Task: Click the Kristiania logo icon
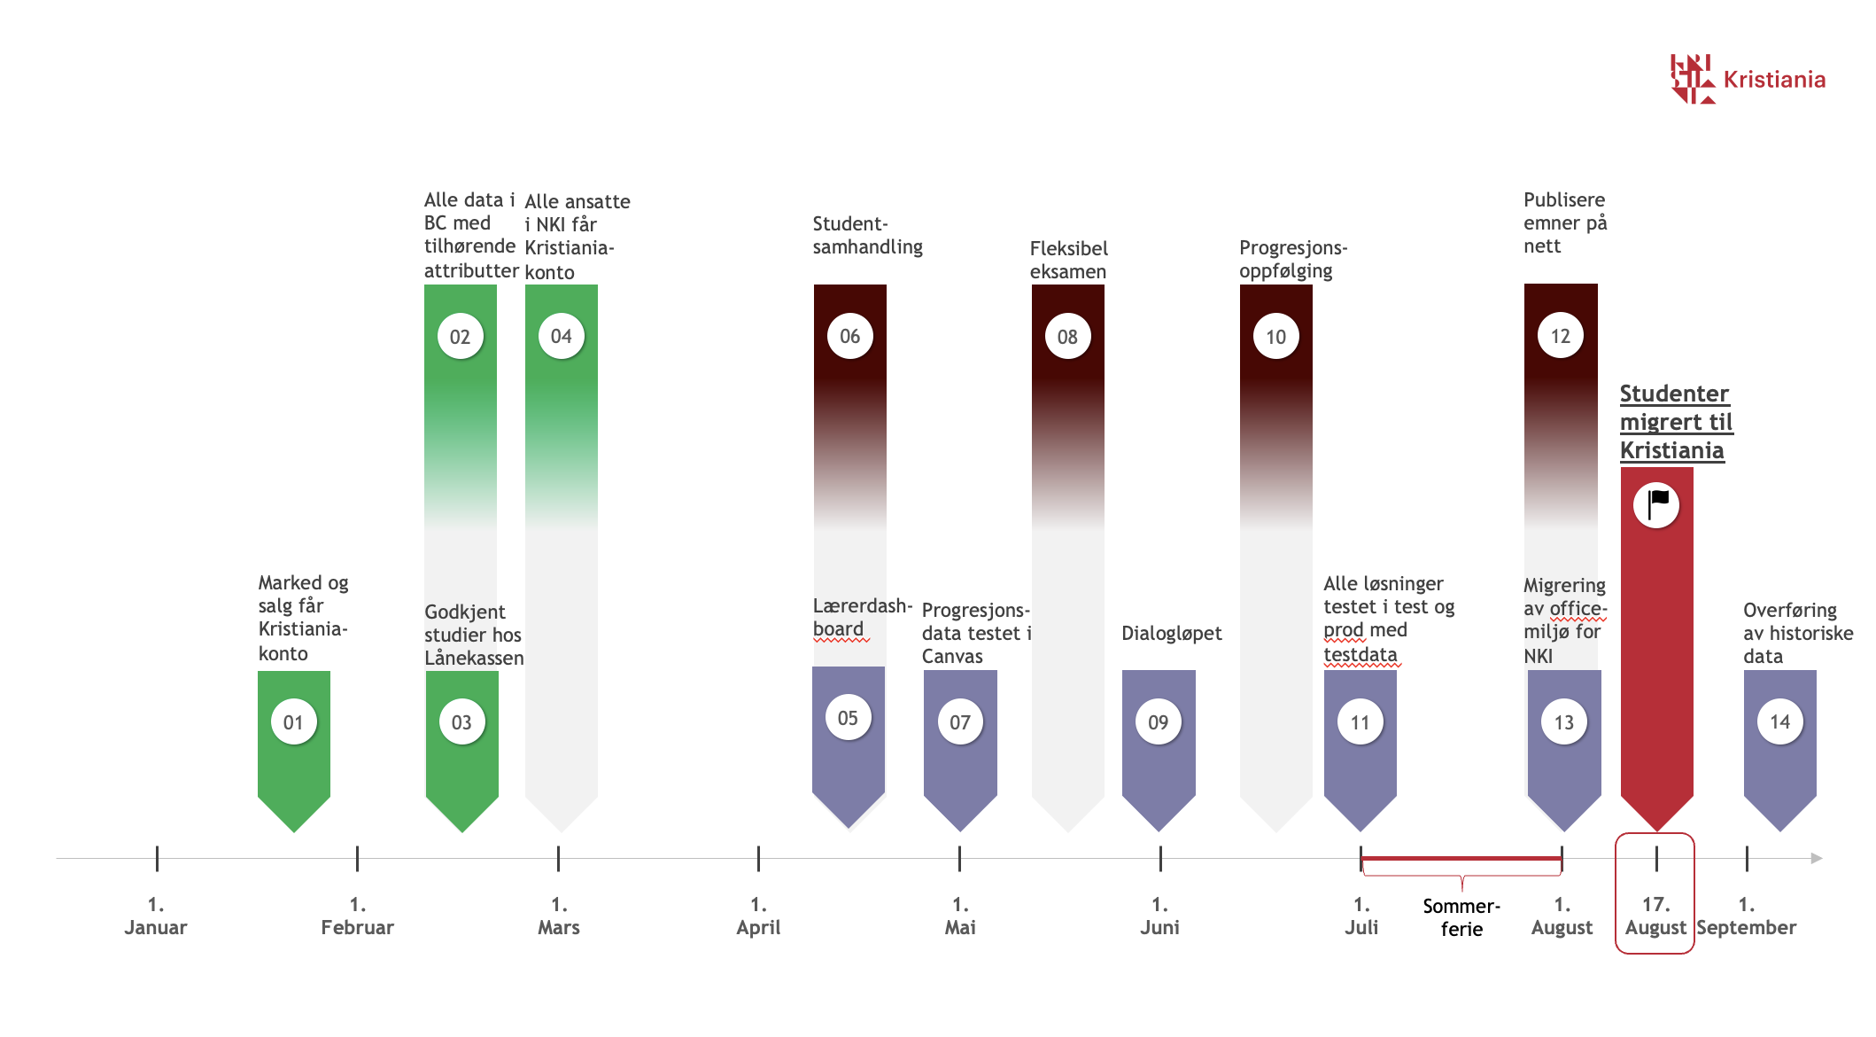1692,79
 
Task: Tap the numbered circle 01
293,721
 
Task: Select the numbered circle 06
849,336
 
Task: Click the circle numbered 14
1779,721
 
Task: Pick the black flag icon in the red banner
1657,504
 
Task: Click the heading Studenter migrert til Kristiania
1676,422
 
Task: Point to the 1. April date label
758,916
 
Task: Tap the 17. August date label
1655,916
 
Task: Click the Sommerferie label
1461,917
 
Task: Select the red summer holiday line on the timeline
1461,858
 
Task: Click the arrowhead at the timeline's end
1816,858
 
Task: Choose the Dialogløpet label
1171,633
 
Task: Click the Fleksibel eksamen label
1068,260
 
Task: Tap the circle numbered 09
1158,721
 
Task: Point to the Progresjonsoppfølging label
1292,259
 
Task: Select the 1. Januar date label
156,916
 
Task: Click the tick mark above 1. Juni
1160,858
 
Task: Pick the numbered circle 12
1560,336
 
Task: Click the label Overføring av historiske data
1797,633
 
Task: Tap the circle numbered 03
461,721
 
